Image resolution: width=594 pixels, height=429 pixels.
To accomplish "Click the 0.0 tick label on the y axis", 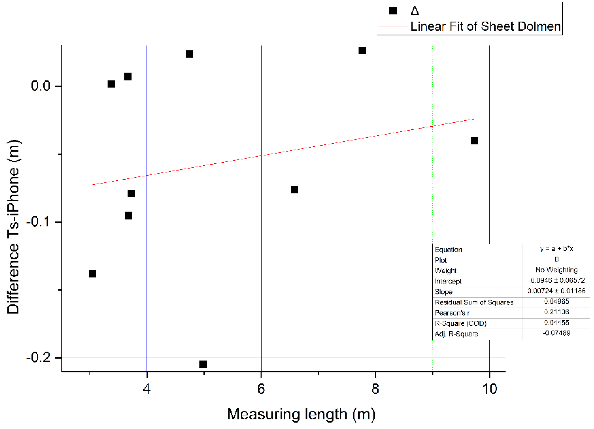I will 41,86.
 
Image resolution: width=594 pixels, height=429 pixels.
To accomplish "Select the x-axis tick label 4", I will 147,389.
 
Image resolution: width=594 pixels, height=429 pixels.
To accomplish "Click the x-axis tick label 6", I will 261,389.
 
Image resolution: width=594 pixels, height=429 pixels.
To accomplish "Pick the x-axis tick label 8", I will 375,389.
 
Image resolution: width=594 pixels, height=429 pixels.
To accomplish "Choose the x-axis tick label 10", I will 489,389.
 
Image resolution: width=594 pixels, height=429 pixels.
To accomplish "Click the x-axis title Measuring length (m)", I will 301,414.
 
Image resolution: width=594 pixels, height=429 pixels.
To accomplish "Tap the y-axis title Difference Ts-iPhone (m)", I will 13,227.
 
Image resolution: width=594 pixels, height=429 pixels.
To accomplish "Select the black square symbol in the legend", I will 393,11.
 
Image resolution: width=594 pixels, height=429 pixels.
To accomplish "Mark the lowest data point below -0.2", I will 203,364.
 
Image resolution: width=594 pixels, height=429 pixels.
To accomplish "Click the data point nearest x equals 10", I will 474,141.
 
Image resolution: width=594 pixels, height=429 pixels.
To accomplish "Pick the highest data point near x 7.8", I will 362,51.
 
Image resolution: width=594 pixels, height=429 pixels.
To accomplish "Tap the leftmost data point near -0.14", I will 93,274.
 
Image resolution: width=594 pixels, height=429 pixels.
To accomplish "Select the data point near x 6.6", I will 295,190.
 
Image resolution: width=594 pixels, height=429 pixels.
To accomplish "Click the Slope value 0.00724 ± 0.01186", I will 556,291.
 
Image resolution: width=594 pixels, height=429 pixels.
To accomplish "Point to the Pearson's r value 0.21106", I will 556,312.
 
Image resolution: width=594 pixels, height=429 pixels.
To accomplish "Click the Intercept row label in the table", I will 448,281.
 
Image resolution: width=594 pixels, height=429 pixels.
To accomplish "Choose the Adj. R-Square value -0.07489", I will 556,333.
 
